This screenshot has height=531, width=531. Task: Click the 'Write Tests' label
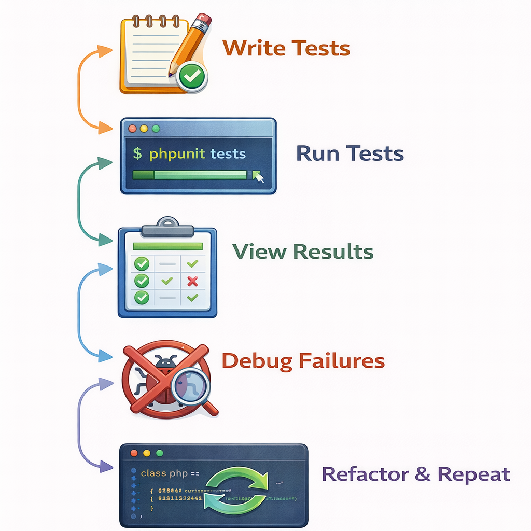tap(286, 48)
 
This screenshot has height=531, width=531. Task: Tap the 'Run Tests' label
tap(350, 153)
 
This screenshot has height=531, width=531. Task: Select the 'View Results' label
tap(303, 251)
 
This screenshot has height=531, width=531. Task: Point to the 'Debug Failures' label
tap(303, 360)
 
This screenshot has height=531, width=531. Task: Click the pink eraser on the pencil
tap(204, 22)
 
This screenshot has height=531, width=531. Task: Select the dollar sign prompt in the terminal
tap(137, 153)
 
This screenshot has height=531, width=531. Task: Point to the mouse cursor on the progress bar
tap(258, 177)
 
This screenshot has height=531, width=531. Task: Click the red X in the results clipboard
tap(192, 282)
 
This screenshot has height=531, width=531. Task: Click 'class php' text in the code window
tap(160, 473)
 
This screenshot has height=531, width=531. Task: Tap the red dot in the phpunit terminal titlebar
tap(132, 128)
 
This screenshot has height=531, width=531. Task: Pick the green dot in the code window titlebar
tap(159, 453)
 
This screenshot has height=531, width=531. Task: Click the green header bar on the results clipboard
tap(167, 246)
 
